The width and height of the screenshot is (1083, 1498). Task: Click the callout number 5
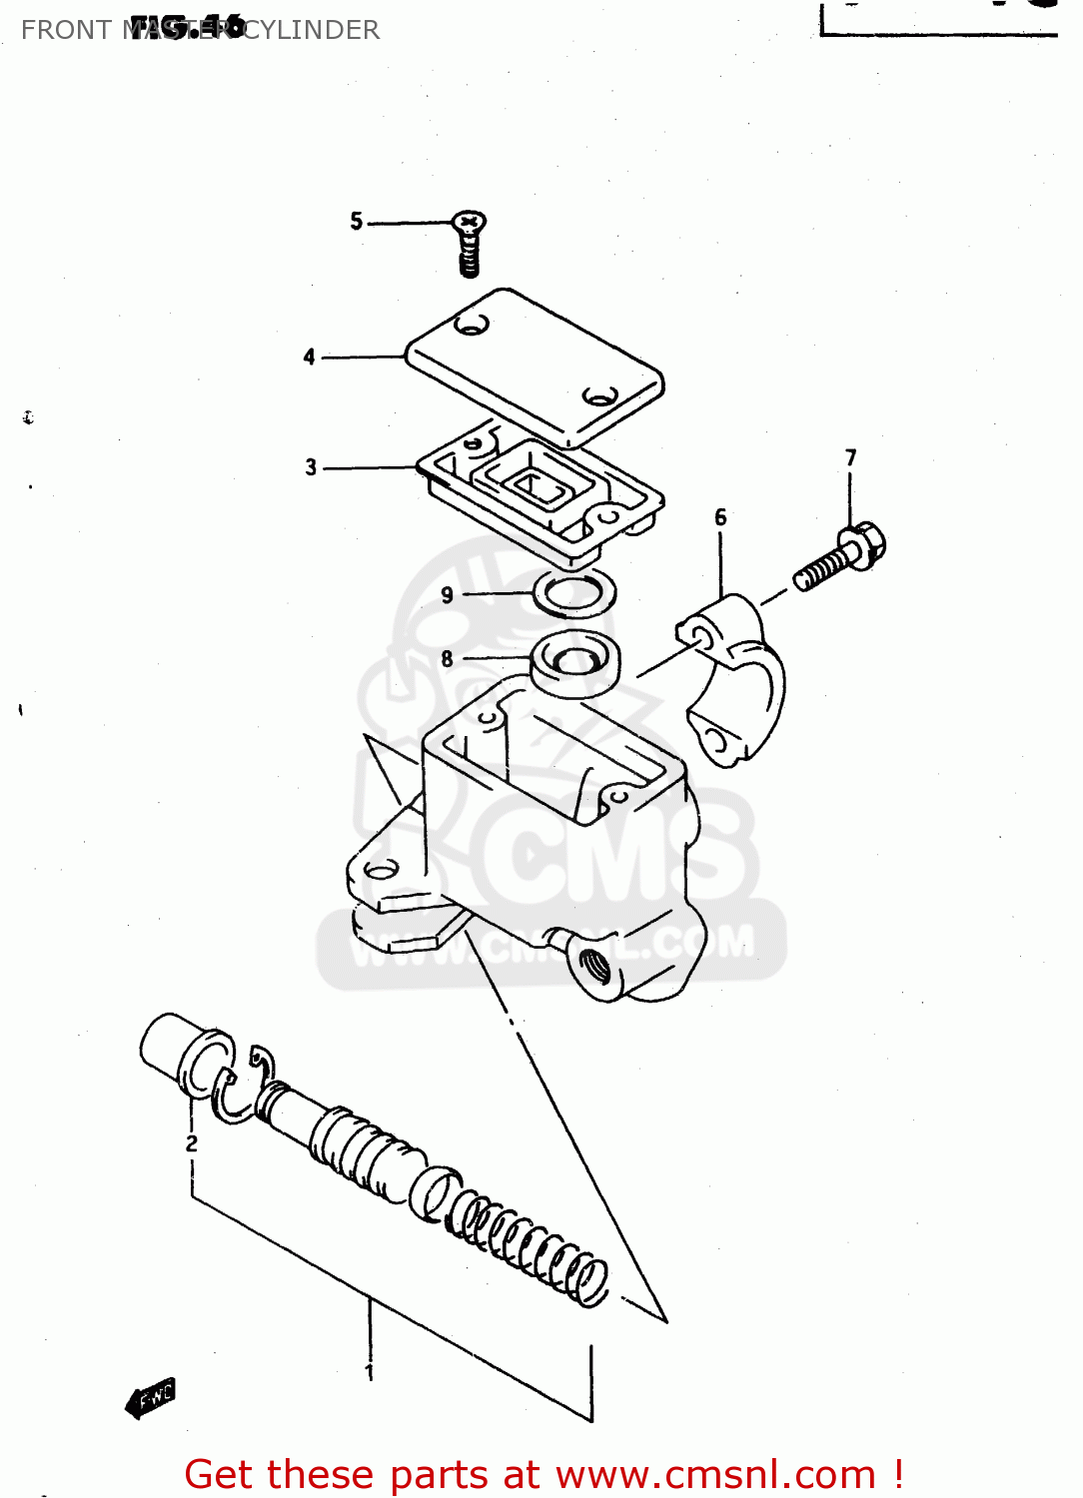(356, 221)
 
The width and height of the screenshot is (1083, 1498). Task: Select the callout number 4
(310, 357)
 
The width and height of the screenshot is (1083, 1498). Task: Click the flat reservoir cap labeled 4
(535, 365)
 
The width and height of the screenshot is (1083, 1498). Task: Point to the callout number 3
(311, 466)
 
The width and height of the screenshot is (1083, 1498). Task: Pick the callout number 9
(447, 595)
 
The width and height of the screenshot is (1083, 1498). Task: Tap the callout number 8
(447, 658)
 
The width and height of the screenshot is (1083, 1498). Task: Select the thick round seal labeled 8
(574, 664)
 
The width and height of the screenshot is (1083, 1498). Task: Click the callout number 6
(720, 517)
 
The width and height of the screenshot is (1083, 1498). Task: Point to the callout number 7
(850, 457)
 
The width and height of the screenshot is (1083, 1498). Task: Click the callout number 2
(192, 1143)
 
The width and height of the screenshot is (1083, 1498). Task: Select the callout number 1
(370, 1372)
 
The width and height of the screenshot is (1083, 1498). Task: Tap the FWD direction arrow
(151, 1398)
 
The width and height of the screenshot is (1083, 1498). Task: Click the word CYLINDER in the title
(312, 30)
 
